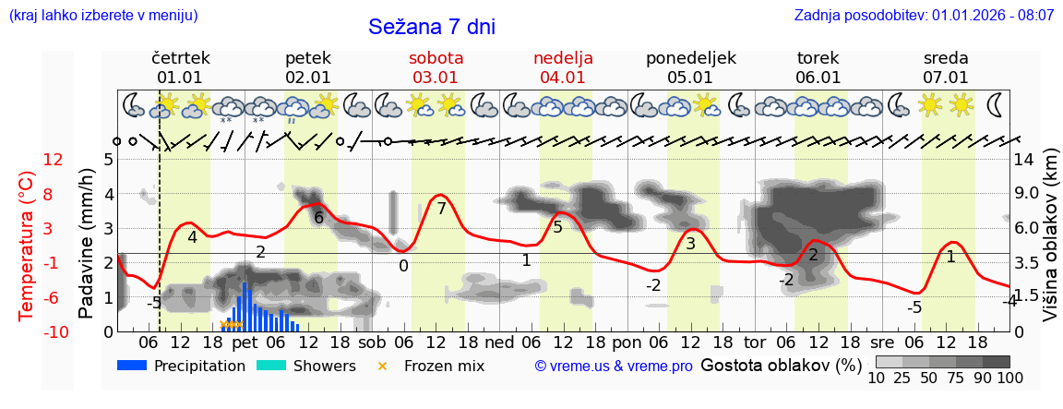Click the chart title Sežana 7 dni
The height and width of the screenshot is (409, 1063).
coord(432,27)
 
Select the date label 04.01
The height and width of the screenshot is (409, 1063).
coord(563,78)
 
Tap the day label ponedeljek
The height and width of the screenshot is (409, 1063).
coord(690,58)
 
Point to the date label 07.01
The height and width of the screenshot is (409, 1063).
coord(946,78)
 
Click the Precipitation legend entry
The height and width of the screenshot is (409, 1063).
coord(182,366)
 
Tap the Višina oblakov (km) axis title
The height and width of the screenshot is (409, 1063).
coord(1050,245)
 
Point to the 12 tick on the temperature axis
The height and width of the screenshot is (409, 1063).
coord(54,160)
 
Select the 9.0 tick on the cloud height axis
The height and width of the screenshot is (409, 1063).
coord(1027,194)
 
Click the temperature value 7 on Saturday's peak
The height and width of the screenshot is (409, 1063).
coord(441,209)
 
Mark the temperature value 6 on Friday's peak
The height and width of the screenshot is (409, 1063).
coord(318,218)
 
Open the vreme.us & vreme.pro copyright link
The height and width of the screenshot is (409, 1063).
coord(614,367)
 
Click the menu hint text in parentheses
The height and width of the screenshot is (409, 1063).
coord(103,16)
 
